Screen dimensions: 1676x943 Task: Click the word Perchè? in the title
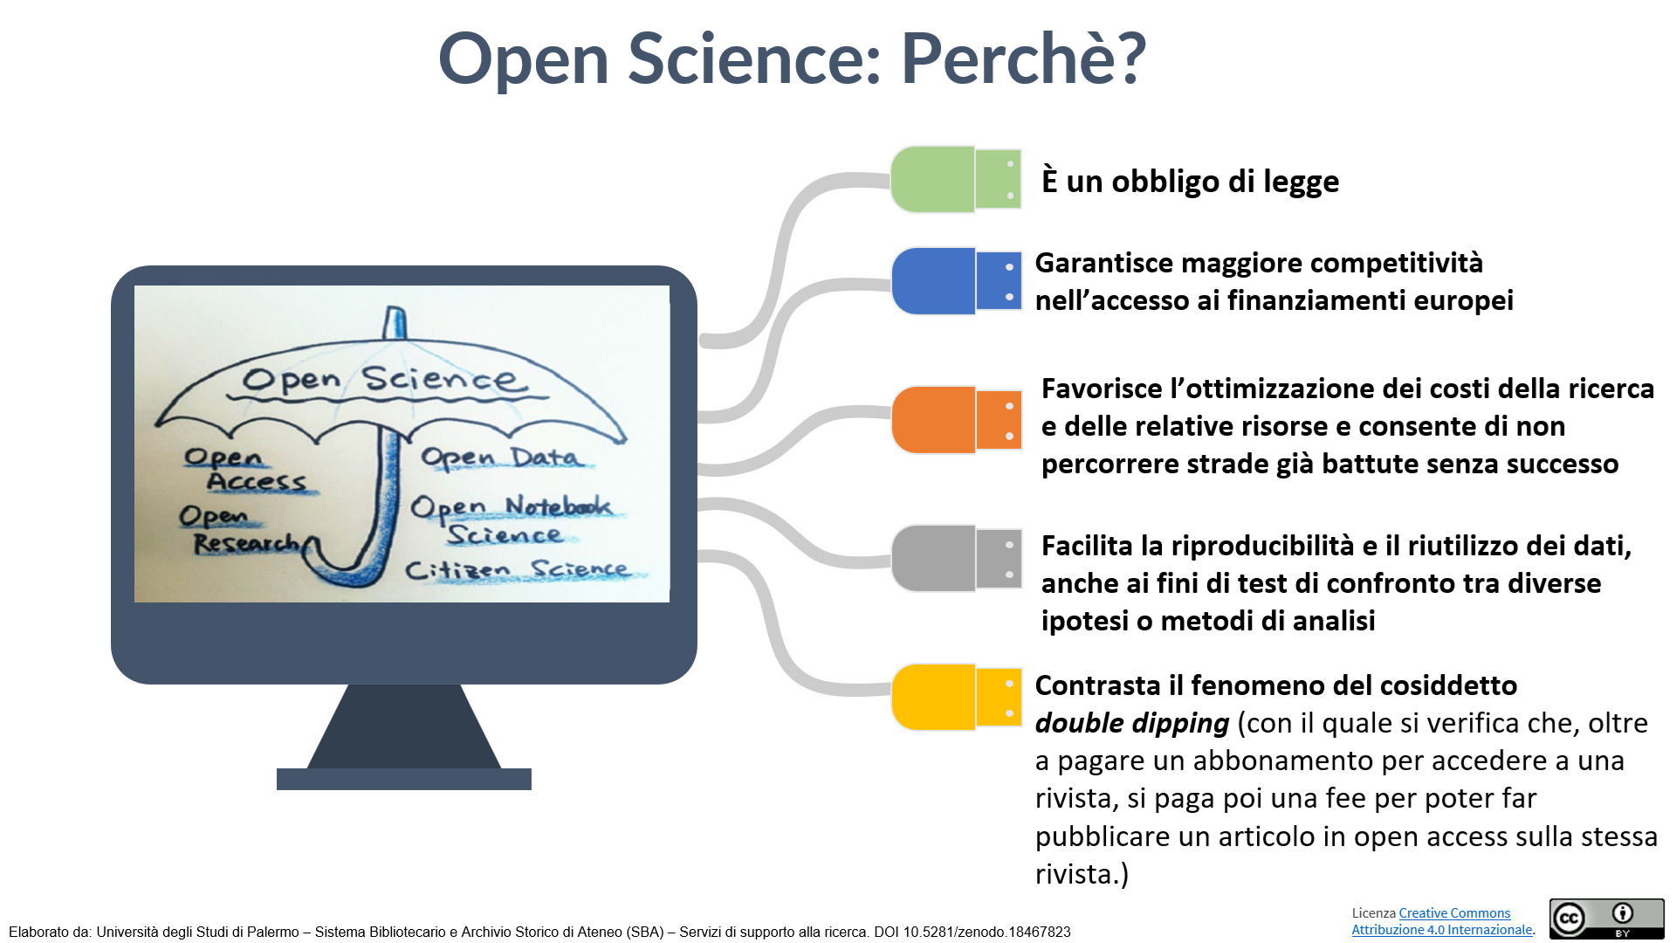pyautogui.click(x=1023, y=59)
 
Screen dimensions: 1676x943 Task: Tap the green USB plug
pyautogui.click(x=956, y=180)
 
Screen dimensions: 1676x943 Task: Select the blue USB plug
pyautogui.click(x=956, y=281)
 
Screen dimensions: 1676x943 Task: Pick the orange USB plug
pyautogui.click(x=956, y=420)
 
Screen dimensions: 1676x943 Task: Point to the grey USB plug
pyautogui.click(x=956, y=559)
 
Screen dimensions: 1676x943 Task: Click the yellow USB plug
pyautogui.click(x=956, y=697)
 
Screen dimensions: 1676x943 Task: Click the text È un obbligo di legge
pyautogui.click(x=1190, y=181)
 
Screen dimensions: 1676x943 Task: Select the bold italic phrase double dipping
pyautogui.click(x=1132, y=723)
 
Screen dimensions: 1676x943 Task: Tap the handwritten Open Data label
pyautogui.click(x=500, y=458)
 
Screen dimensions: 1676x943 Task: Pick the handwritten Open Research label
pyautogui.click(x=240, y=530)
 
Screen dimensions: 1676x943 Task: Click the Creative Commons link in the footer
pyautogui.click(x=1454, y=913)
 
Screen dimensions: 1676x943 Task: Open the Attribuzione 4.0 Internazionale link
pyautogui.click(x=1442, y=930)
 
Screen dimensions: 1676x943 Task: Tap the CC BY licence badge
pyautogui.click(x=1607, y=919)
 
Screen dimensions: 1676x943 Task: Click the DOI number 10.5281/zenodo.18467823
pyautogui.click(x=986, y=933)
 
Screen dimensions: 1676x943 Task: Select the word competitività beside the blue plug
pyautogui.click(x=1397, y=263)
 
